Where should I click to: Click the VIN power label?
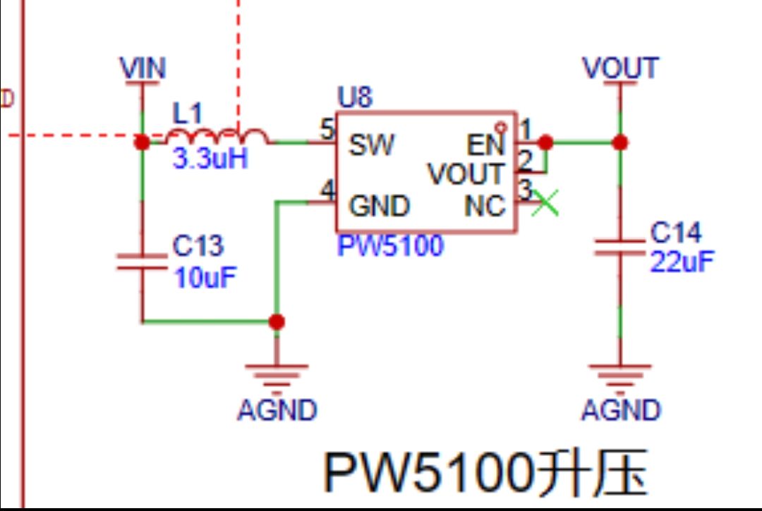point(143,68)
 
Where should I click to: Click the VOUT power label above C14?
point(620,68)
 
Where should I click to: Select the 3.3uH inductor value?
point(210,159)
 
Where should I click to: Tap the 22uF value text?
point(682,261)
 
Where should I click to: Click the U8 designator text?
point(354,98)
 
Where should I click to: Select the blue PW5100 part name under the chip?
point(390,246)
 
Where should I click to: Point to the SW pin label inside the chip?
point(372,146)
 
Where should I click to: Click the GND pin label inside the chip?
point(380,207)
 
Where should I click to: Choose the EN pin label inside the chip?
point(487,146)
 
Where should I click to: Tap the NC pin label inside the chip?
point(485,207)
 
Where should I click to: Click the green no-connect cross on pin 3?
point(545,203)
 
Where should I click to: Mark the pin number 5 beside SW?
point(327,130)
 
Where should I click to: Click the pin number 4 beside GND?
point(327,190)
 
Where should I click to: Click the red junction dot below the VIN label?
point(143,142)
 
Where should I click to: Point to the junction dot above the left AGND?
point(277,322)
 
